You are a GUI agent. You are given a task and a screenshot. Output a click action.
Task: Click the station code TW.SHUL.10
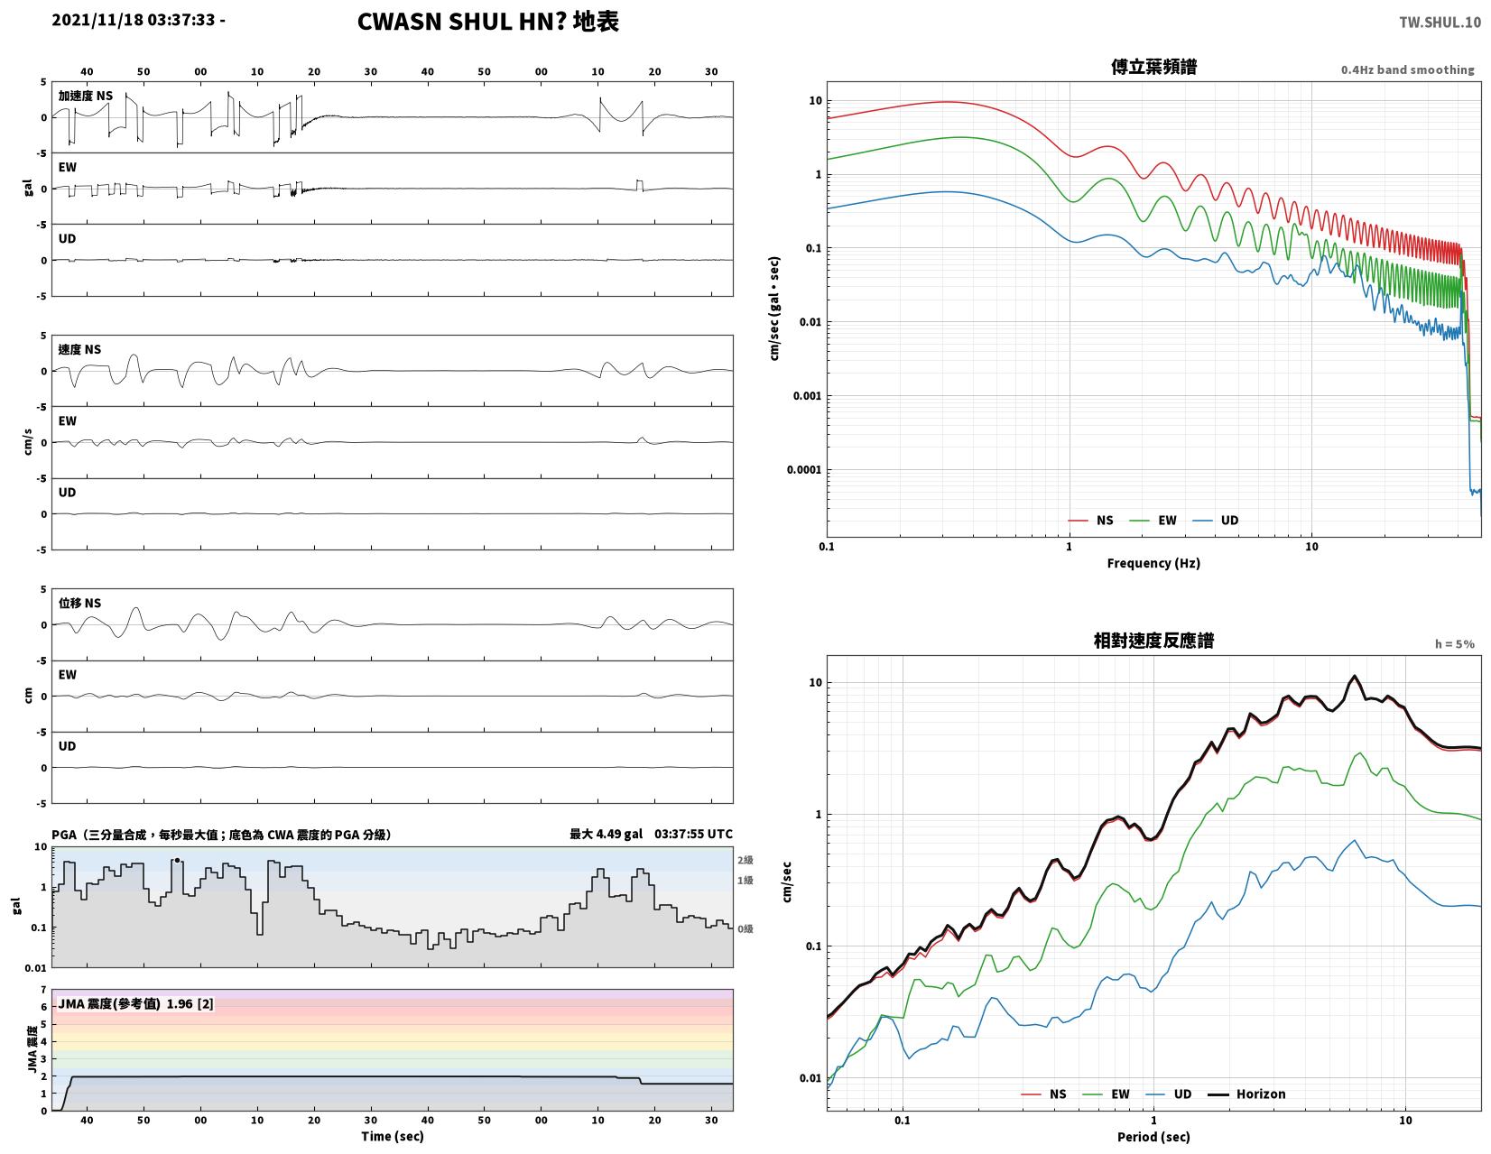(1439, 22)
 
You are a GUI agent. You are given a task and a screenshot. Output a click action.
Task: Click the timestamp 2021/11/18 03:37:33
(133, 20)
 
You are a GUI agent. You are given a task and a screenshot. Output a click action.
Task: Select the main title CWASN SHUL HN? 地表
(487, 22)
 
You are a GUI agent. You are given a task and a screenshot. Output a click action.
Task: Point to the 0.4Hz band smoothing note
(1406, 69)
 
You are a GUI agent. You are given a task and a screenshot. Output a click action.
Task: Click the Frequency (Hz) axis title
(1153, 563)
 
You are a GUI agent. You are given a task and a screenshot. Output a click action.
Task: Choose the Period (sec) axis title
(1153, 1136)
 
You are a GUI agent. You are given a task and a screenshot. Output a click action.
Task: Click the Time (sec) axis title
(392, 1135)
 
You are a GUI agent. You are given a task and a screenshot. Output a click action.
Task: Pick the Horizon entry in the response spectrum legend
(1246, 1094)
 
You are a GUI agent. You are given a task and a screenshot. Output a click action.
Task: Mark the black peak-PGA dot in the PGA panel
(177, 859)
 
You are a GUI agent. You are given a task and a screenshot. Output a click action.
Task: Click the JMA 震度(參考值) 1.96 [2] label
(135, 1003)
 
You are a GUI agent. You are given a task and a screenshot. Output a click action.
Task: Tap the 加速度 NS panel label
(85, 96)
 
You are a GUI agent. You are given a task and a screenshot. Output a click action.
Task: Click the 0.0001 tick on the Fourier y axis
(803, 469)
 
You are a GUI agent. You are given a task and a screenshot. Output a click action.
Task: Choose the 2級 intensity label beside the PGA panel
(745, 859)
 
